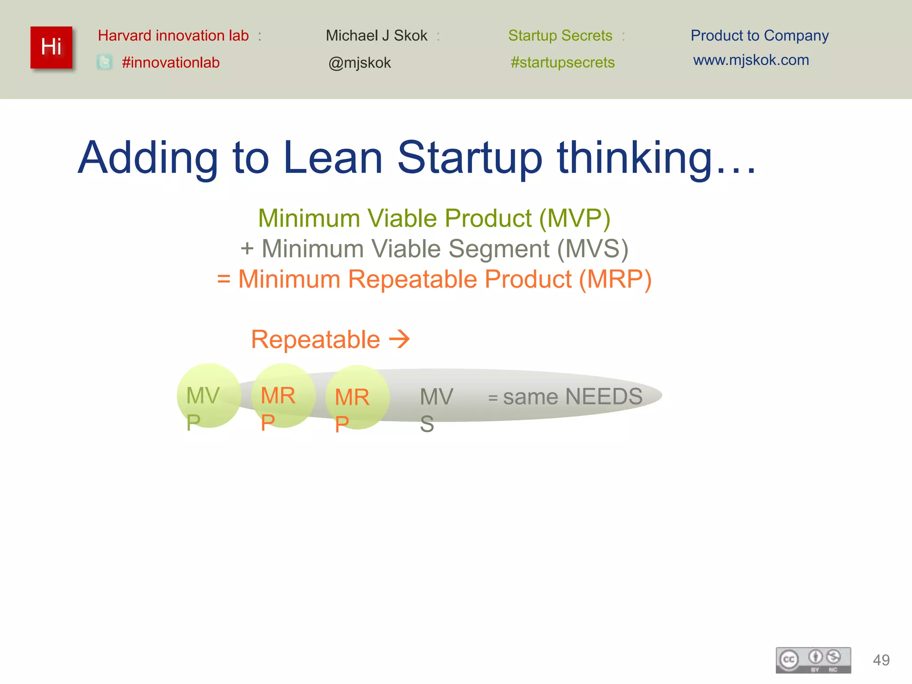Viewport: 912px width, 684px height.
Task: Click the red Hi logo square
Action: click(51, 47)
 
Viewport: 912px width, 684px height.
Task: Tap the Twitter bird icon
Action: click(105, 62)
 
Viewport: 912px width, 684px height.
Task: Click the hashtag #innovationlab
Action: click(171, 62)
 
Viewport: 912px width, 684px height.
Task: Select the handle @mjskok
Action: click(359, 63)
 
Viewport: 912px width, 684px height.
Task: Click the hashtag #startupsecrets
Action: click(562, 62)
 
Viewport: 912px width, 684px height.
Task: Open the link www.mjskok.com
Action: click(751, 60)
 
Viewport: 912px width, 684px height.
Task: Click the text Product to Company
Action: click(759, 35)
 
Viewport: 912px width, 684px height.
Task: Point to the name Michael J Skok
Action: click(376, 35)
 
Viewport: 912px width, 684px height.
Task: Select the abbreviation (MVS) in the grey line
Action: click(593, 248)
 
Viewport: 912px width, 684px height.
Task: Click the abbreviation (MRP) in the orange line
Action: click(615, 279)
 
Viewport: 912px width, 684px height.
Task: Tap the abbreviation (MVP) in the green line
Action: click(574, 219)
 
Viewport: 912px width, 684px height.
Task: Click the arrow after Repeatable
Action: click(399, 339)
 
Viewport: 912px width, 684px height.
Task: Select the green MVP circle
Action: click(208, 395)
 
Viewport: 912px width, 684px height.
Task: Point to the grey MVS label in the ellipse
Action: click(436, 409)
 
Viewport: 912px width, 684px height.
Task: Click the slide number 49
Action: click(881, 660)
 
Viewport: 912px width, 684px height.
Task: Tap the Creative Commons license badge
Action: click(813, 660)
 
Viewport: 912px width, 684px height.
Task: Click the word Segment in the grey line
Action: click(499, 248)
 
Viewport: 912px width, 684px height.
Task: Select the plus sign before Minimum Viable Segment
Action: click(247, 249)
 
